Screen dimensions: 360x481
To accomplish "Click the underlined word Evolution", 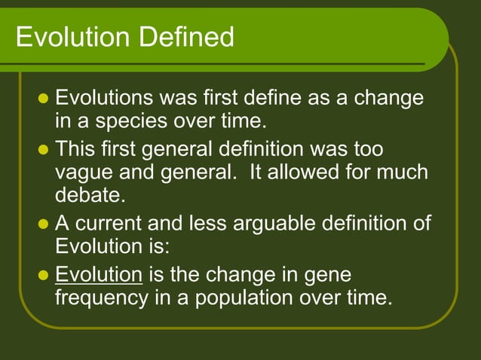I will point(99,274).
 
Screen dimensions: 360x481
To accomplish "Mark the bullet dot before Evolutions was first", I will point(42,99).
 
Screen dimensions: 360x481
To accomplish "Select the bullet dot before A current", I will point(42,224).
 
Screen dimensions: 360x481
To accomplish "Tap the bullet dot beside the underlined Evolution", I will point(42,275).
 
